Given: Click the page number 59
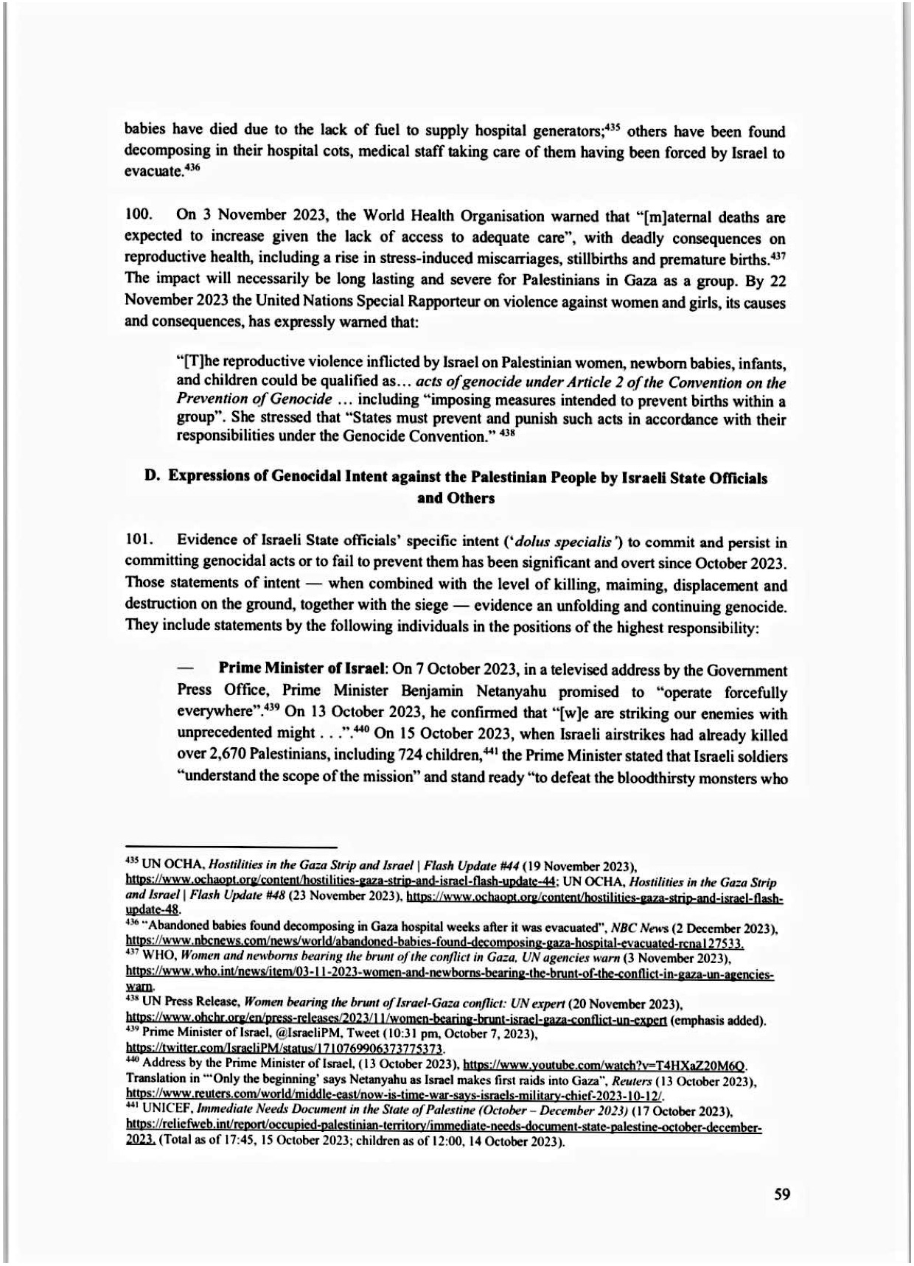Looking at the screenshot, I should (x=782, y=1195).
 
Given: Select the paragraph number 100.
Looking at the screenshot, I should (x=138, y=216).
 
